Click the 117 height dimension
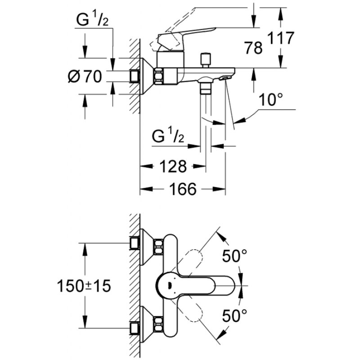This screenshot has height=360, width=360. [x=281, y=38]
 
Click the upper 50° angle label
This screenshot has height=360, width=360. [x=234, y=257]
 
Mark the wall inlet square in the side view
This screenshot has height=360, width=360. [x=133, y=76]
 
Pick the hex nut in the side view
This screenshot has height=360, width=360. [x=159, y=76]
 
